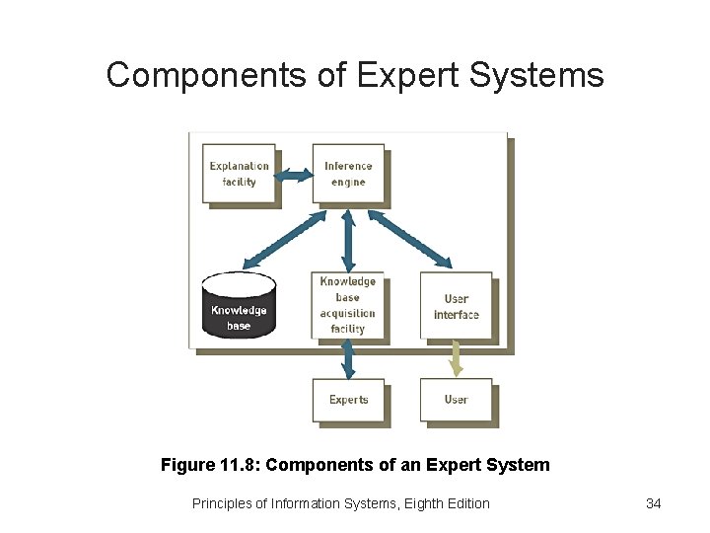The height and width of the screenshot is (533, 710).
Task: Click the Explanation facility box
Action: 239,174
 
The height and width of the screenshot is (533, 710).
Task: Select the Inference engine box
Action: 348,174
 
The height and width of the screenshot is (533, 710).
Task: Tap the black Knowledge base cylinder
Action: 239,306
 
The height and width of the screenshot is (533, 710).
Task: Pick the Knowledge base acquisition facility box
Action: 348,305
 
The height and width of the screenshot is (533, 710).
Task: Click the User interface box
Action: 456,306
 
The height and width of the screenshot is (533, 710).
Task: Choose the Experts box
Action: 348,400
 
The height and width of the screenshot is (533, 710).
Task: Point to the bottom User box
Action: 456,400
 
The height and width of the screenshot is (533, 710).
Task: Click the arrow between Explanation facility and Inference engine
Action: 293,176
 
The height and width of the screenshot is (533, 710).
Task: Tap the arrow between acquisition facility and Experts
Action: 348,357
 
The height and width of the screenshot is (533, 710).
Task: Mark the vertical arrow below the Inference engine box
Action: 348,237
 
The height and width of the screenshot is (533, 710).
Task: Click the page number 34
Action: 653,503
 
